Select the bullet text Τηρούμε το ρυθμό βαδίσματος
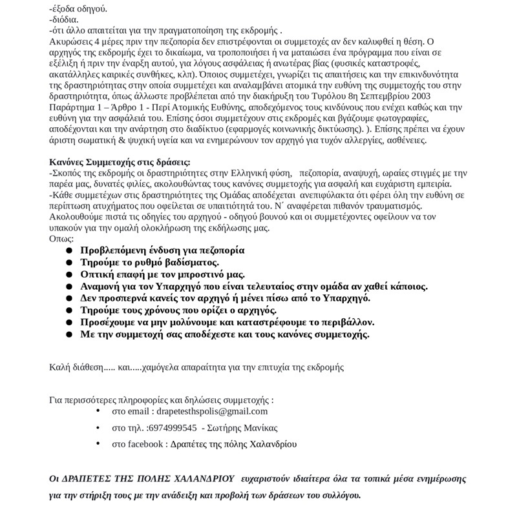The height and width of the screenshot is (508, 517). (149, 262)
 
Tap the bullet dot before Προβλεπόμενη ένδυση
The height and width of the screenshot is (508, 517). (69, 250)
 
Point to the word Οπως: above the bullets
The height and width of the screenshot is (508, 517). (61, 238)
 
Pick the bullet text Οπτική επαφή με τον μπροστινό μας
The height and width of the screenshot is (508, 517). (162, 274)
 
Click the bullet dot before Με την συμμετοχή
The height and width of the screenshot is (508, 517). (69, 334)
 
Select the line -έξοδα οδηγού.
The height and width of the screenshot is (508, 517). (78, 8)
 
